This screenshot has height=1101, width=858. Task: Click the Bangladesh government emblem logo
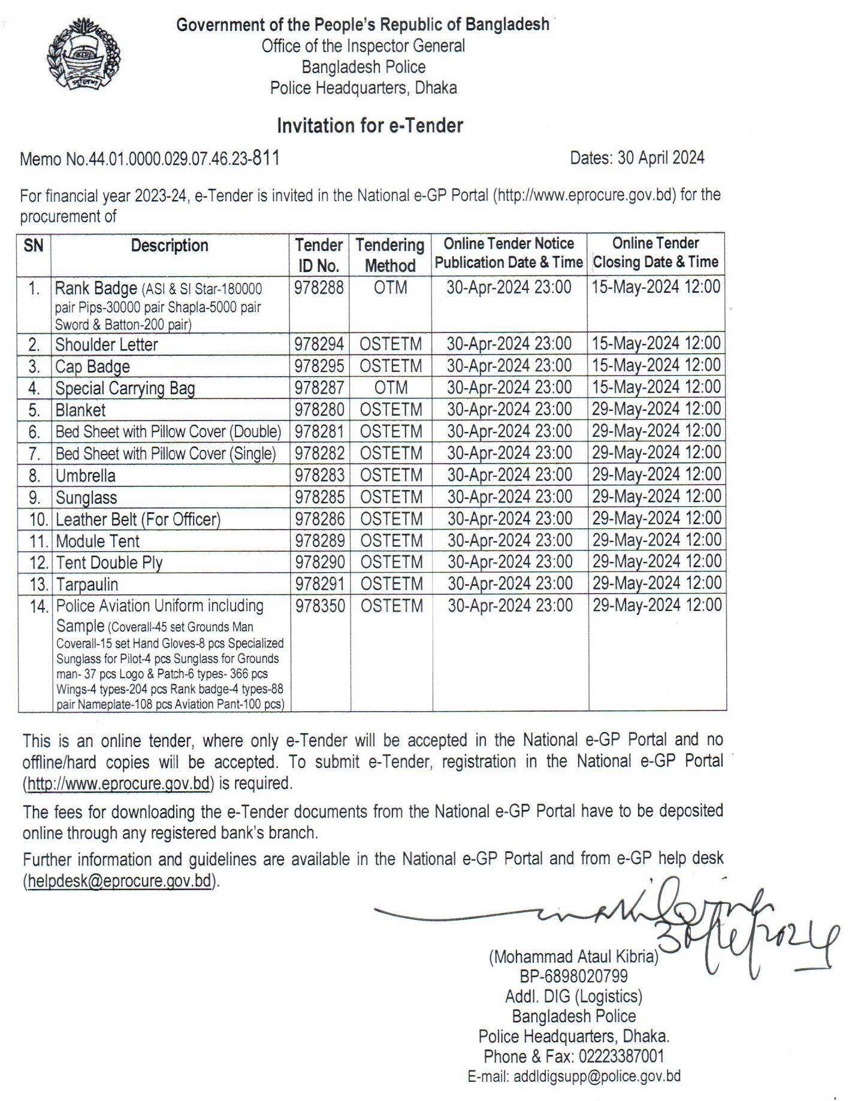83,55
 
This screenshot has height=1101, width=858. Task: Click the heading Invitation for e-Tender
370,126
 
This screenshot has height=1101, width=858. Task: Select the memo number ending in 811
150,159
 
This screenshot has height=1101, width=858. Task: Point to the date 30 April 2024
637,158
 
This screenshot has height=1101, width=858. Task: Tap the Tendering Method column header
390,255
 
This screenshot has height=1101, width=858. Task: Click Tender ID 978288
319,288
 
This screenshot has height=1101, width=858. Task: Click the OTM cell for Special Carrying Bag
391,388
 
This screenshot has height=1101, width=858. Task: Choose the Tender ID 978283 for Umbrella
319,475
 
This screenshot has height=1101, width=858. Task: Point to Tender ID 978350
320,606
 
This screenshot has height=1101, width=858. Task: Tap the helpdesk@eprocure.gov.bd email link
120,881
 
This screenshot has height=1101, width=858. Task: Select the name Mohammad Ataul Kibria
573,957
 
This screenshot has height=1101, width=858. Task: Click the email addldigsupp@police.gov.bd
596,1076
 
